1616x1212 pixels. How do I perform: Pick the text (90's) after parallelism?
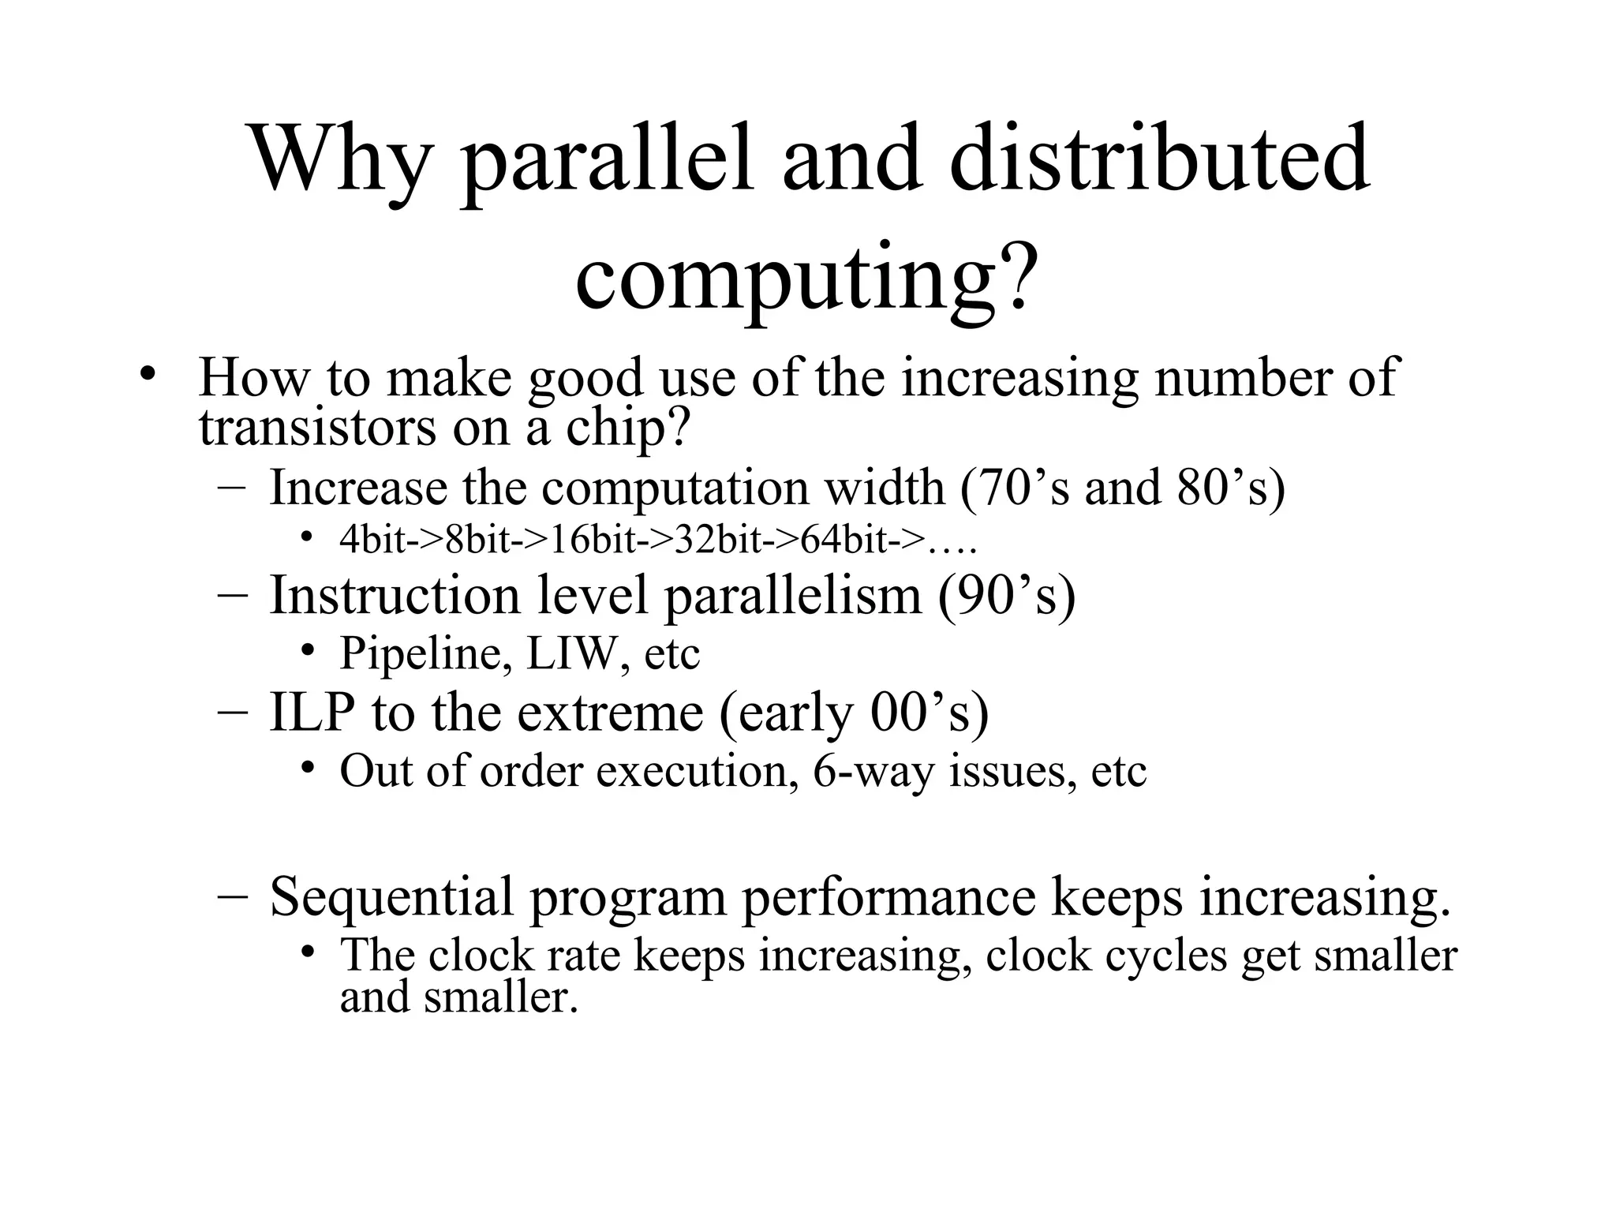pyautogui.click(x=1007, y=595)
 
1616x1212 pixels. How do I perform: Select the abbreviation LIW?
pyautogui.click(x=571, y=653)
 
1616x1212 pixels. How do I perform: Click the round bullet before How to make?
pyautogui.click(x=145, y=374)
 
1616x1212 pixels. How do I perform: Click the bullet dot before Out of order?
pyautogui.click(x=307, y=768)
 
